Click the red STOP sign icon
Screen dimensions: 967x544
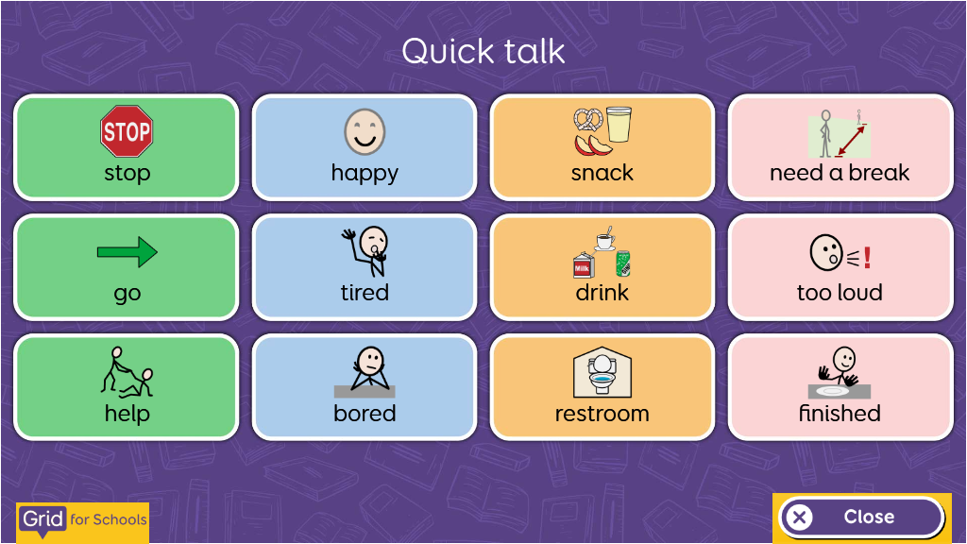(x=127, y=130)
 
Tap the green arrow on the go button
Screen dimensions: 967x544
(x=127, y=251)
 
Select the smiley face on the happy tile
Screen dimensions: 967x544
(x=365, y=131)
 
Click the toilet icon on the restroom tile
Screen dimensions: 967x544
(x=602, y=372)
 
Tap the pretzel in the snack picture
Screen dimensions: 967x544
(x=587, y=120)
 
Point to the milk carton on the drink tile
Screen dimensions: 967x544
(x=584, y=265)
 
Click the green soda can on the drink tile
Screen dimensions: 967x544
(x=623, y=263)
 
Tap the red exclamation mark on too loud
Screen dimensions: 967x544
(x=867, y=257)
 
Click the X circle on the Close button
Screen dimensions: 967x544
(x=799, y=517)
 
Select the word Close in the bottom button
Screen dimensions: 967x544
(x=869, y=517)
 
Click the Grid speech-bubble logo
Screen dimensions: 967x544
(x=42, y=520)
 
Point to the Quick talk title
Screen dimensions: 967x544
(x=483, y=51)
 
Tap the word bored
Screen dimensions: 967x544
(x=365, y=413)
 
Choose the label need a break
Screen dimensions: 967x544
(x=840, y=173)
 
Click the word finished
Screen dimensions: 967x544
(x=840, y=413)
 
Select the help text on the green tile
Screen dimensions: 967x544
(x=127, y=413)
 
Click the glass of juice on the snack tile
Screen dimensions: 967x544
(x=619, y=125)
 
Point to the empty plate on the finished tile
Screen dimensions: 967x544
(x=832, y=391)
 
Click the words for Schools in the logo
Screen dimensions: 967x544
(x=109, y=519)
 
